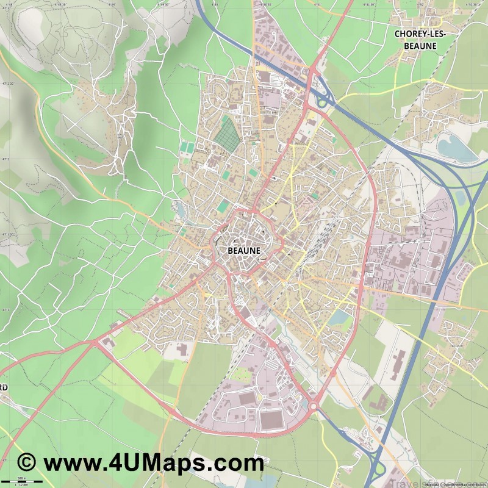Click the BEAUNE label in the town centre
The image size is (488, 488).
(243, 250)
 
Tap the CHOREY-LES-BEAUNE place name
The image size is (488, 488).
(420, 40)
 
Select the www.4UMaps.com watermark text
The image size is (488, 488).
(153, 464)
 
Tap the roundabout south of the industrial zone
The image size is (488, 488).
(314, 406)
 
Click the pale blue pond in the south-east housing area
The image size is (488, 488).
(337, 318)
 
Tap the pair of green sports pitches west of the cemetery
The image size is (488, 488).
(186, 148)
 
